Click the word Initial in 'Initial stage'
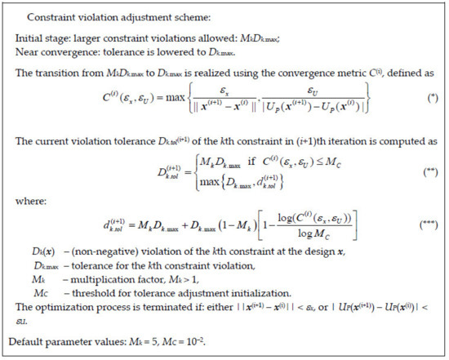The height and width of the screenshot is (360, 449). point(29,39)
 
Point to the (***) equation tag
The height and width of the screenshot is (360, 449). point(422,244)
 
